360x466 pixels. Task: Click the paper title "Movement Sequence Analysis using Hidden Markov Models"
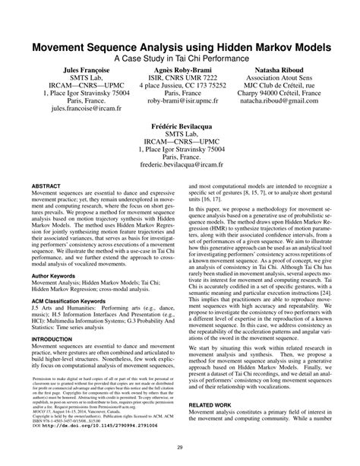pos(180,47)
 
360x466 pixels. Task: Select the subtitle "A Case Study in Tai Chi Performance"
pos(180,59)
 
